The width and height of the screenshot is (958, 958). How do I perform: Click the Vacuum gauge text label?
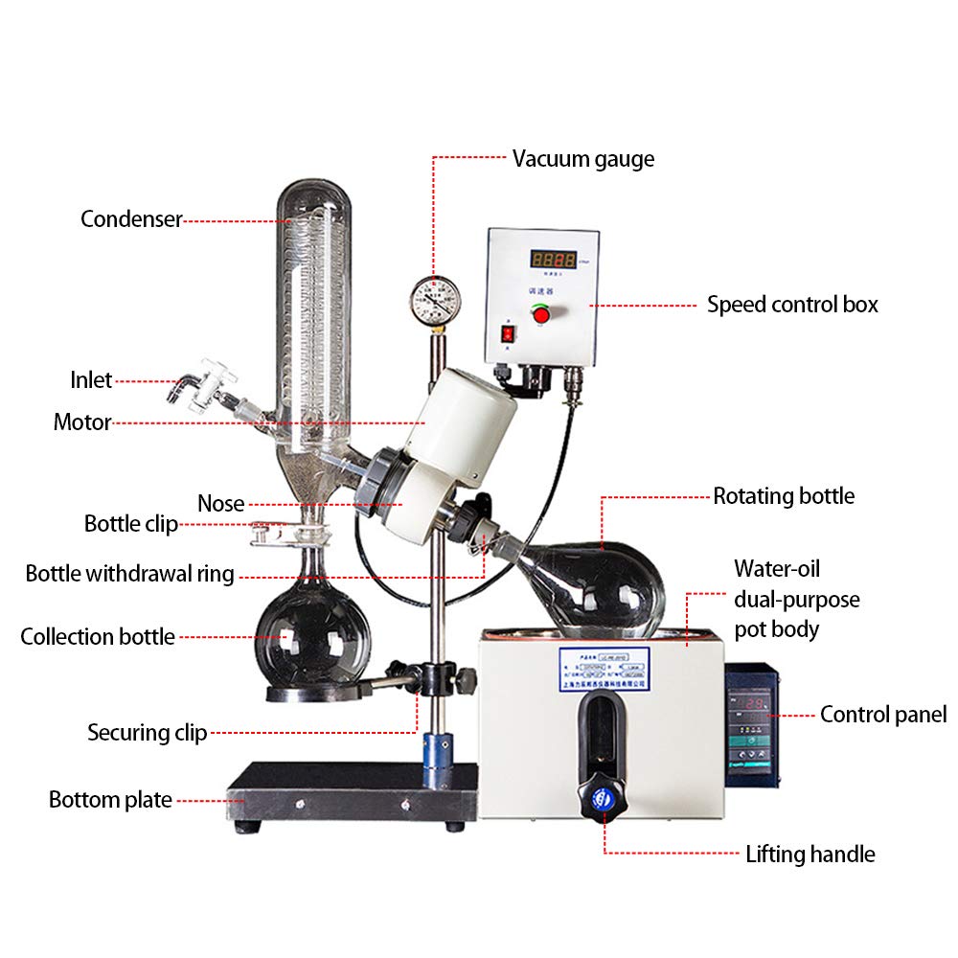pyautogui.click(x=582, y=159)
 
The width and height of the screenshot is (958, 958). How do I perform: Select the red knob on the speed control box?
pyautogui.click(x=541, y=314)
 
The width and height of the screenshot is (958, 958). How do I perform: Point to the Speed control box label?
pyautogui.click(x=792, y=305)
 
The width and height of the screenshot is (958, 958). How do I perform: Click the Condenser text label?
pyautogui.click(x=131, y=218)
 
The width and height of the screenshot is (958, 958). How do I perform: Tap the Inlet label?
pyautogui.click(x=91, y=380)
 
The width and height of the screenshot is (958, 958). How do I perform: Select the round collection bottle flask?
pyautogui.click(x=312, y=636)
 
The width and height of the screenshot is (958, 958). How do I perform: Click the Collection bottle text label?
pyautogui.click(x=98, y=637)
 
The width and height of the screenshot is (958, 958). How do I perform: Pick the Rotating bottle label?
pyautogui.click(x=784, y=496)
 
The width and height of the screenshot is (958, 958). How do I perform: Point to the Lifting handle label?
pyautogui.click(x=810, y=854)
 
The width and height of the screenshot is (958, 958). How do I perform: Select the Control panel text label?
pyautogui.click(x=882, y=714)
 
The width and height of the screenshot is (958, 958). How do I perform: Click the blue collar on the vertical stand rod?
pyautogui.click(x=441, y=747)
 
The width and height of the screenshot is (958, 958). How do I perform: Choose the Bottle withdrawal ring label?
pyautogui.click(x=129, y=574)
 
